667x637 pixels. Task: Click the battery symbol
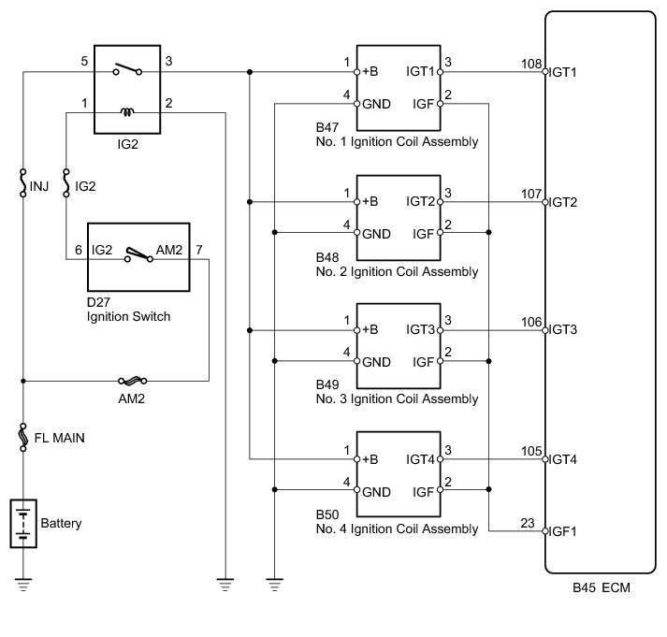23,523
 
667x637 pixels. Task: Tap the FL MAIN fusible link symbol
23,437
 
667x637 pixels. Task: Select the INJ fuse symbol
23,183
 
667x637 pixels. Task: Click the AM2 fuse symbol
133,380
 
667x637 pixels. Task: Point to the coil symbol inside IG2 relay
127,112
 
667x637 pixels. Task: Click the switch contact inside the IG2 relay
127,69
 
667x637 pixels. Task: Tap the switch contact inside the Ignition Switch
138,254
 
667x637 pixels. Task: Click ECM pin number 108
531,64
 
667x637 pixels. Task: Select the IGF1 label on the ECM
562,531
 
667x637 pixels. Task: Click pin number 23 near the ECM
528,523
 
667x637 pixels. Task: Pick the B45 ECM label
602,587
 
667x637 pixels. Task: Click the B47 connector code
327,127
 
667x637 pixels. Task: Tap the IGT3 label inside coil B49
420,329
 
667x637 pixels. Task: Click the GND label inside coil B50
376,492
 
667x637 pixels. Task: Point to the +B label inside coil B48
370,201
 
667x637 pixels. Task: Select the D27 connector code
98,302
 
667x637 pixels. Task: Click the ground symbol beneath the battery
23,585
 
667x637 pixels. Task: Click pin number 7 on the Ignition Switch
199,250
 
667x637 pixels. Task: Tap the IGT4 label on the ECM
562,459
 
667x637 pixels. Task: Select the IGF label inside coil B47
423,104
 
